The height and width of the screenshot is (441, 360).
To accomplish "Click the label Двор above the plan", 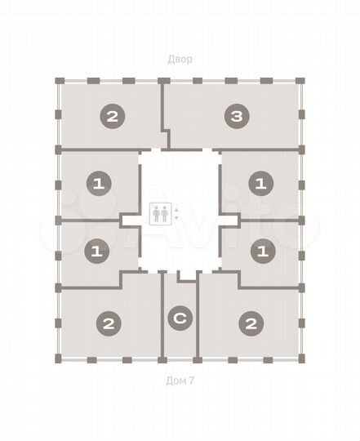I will point(180,59).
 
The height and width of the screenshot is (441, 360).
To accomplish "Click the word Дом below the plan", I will point(174,380).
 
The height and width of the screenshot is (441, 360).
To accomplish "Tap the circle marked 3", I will point(236,117).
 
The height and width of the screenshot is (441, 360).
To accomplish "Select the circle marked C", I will point(180,318).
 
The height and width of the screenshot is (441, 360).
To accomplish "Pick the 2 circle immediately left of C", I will point(108,323).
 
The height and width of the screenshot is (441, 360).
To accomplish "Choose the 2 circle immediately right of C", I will point(251,323).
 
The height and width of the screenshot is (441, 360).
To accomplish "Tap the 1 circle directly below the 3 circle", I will point(260,184).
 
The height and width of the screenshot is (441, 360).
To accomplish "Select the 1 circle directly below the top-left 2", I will point(97,184).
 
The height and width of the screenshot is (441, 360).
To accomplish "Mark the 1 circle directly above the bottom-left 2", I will point(97,252).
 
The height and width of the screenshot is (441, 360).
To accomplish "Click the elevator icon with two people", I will point(161,215).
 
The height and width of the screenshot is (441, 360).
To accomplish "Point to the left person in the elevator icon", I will point(156,215).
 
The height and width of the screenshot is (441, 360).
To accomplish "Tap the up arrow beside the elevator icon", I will point(177,210).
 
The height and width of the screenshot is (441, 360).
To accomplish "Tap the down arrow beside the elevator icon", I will point(177,220).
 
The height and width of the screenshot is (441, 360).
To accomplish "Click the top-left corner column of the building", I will point(59,81).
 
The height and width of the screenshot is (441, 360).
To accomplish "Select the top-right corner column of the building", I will point(301,81).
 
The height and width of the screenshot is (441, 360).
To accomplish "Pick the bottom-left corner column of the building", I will point(59,359).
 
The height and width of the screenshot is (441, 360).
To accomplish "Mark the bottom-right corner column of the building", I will point(301,359).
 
